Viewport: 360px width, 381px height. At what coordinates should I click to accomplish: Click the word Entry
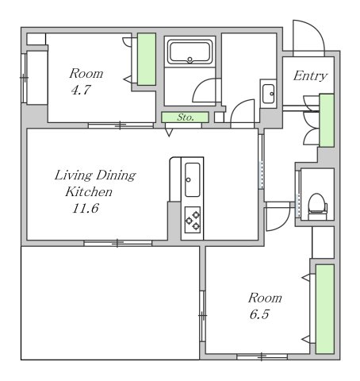click(x=310, y=76)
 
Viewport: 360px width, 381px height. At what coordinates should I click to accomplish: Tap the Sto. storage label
click(x=186, y=117)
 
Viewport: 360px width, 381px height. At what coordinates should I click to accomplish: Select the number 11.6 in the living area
click(x=86, y=208)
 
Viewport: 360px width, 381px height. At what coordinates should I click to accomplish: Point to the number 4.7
click(x=81, y=90)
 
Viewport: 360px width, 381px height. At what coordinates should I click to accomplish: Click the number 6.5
click(x=259, y=314)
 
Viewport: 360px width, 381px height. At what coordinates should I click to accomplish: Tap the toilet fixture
click(x=317, y=206)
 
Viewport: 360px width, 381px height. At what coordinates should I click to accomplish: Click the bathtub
click(x=190, y=52)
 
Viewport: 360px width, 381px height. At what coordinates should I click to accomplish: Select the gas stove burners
click(x=193, y=220)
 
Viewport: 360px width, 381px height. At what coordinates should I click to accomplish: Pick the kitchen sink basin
click(x=193, y=179)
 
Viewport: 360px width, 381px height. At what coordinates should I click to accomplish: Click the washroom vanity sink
click(x=269, y=94)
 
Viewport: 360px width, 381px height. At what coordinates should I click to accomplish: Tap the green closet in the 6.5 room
click(x=325, y=309)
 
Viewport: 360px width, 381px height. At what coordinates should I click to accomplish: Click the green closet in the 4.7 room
click(x=147, y=60)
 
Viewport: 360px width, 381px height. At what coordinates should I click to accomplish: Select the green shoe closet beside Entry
click(x=327, y=120)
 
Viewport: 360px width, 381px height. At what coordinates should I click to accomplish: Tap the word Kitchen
click(x=89, y=192)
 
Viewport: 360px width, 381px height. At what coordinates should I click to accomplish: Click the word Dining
click(x=116, y=175)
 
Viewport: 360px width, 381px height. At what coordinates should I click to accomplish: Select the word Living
click(x=74, y=175)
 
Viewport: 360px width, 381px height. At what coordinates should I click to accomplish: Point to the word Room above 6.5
click(x=265, y=298)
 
